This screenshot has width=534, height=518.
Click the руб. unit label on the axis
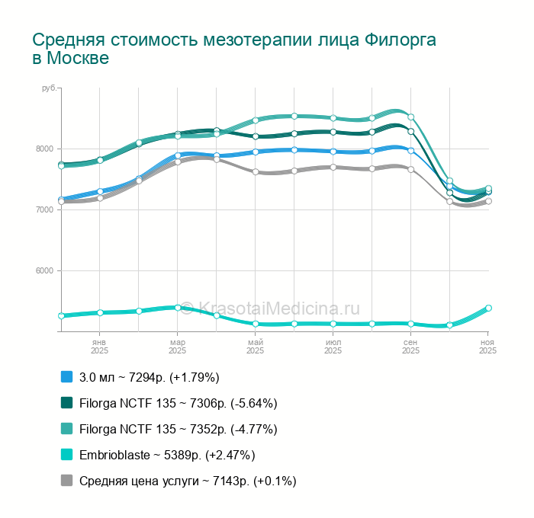50,89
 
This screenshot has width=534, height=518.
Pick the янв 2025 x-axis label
99,347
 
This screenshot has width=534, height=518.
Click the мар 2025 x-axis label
177,347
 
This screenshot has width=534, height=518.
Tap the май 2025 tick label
255,347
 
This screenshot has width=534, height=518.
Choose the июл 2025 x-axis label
333,347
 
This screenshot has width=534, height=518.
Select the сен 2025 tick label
410,347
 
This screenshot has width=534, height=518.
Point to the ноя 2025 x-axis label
487,347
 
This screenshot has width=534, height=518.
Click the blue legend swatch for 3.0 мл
66,377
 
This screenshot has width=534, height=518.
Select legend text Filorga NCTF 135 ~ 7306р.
178,403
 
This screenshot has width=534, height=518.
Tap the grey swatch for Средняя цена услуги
66,481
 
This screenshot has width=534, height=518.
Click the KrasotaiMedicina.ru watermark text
278,308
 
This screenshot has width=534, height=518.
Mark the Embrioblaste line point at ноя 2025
488,309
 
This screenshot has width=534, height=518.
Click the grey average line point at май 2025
256,172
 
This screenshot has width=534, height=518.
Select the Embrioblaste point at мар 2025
178,308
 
